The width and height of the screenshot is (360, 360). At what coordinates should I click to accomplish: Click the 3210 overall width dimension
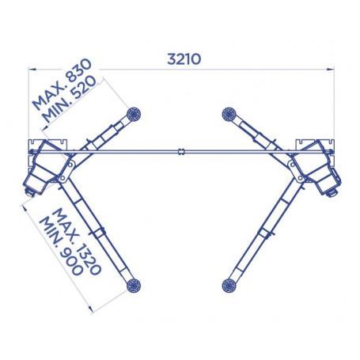coord(184,59)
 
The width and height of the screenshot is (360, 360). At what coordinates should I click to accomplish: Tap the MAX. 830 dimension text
coord(62,85)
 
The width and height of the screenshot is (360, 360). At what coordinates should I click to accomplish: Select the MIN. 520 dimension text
coord(70,99)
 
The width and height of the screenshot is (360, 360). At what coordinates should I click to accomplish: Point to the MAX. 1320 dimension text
coord(77,241)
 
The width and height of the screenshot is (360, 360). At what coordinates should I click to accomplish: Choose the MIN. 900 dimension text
coord(61,246)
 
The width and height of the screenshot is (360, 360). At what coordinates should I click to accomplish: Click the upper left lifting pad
coord(134,115)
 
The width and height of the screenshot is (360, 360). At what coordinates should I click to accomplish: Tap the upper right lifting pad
coord(229,115)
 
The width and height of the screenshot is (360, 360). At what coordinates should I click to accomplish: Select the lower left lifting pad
coord(134,286)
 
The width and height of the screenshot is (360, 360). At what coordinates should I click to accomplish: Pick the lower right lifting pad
coord(229,286)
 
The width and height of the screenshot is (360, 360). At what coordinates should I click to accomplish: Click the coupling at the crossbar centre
coord(180,152)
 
